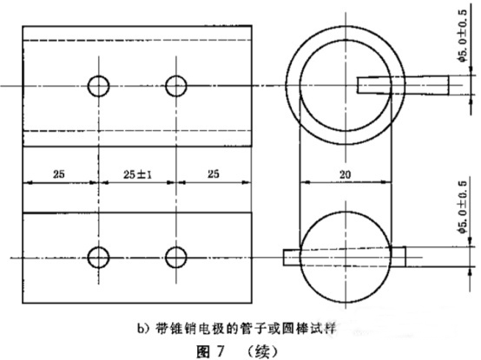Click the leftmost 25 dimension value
tap(59, 174)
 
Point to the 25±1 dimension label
tap(137, 174)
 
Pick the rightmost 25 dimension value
tap(214, 174)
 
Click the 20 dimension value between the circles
tap(345, 174)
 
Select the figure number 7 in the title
tap(220, 351)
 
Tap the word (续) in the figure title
tap(262, 351)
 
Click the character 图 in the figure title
tap(202, 351)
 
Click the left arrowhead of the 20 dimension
tap(305, 182)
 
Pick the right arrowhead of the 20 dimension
tap(386, 182)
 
